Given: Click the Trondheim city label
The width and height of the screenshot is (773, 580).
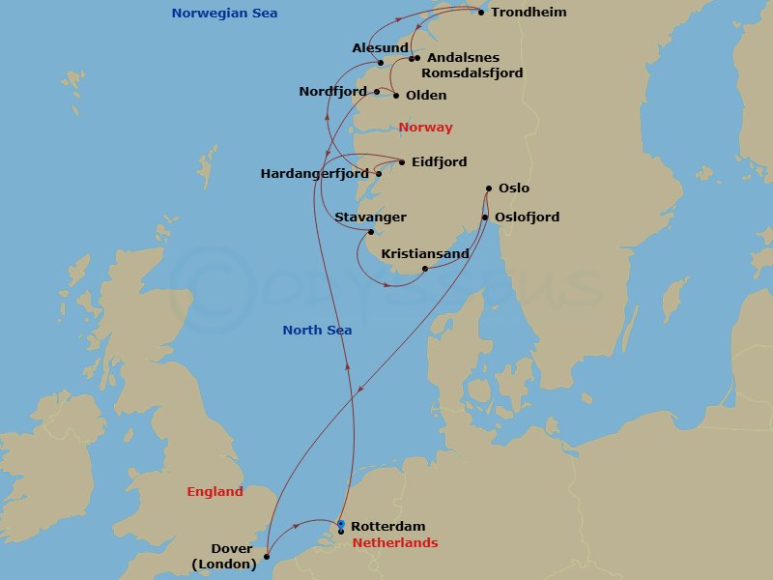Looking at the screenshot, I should (x=529, y=13).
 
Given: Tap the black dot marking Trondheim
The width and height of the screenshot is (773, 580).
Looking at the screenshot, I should (x=481, y=13).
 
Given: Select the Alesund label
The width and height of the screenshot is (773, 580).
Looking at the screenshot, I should (x=380, y=47).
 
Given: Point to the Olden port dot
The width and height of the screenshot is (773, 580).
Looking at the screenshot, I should (x=396, y=96).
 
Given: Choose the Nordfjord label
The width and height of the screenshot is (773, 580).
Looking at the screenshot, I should (x=332, y=92).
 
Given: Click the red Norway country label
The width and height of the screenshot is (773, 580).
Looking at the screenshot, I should (x=425, y=128).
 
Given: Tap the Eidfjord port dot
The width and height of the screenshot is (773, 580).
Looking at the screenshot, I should (x=402, y=161).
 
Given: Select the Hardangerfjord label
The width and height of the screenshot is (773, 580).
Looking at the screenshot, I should (x=315, y=174).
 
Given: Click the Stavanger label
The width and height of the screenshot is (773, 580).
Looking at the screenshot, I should (x=370, y=217).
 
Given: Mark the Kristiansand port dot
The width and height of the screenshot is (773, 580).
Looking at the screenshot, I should (x=425, y=269).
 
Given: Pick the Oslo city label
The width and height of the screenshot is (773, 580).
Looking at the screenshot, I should (x=514, y=188).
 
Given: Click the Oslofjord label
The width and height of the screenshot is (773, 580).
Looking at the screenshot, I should (x=527, y=217).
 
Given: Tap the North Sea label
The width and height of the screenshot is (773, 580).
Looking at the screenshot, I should (x=317, y=331).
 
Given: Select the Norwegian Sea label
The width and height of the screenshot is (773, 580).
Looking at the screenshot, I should (x=223, y=13).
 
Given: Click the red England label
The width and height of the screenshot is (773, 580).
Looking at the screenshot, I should (x=215, y=492).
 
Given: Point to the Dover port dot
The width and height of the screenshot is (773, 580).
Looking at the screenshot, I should (x=267, y=556).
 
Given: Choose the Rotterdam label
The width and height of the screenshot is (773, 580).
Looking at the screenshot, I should (x=387, y=527).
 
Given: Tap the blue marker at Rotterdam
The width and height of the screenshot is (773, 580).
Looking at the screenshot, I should (x=341, y=523).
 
